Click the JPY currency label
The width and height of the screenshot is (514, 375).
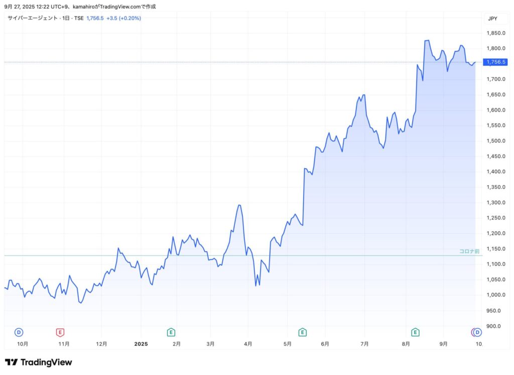[492, 19]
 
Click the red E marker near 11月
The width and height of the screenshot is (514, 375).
[60, 332]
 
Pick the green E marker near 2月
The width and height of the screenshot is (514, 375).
[171, 332]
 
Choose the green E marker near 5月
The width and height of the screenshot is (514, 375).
[302, 332]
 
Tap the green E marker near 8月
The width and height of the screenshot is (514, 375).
[415, 332]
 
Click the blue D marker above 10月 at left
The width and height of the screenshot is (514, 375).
[19, 332]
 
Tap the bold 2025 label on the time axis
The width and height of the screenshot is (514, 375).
[141, 344]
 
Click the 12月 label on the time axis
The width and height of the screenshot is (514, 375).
[102, 344]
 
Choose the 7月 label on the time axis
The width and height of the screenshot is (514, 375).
[364, 344]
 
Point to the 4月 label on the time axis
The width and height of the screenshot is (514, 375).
[248, 344]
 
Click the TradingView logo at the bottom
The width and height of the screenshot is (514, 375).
[38, 362]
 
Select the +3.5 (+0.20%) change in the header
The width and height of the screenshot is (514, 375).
[123, 18]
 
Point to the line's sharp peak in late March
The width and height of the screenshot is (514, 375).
[239, 205]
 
